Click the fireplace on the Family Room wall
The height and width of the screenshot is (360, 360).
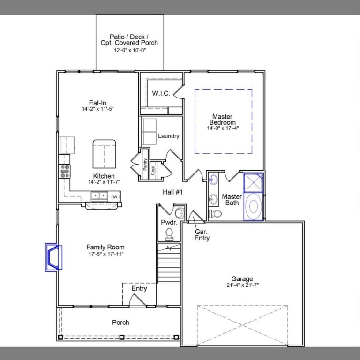coord(53,257)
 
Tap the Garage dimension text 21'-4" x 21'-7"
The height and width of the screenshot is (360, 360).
coord(242,285)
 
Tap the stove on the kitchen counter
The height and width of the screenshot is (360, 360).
coord(65,171)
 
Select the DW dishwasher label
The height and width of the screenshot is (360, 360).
coord(114,197)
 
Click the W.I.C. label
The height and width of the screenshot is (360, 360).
coord(161,93)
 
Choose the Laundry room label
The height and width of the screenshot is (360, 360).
coord(168,136)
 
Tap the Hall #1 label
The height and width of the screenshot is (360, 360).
coord(172,192)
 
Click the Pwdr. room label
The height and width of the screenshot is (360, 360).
coord(169,222)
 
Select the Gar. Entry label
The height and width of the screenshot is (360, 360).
coord(202,235)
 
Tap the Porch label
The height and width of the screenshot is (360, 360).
coord(120,322)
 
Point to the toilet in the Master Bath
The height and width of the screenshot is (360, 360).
coord(216,214)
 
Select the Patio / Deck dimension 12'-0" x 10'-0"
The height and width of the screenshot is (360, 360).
coord(130,50)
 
